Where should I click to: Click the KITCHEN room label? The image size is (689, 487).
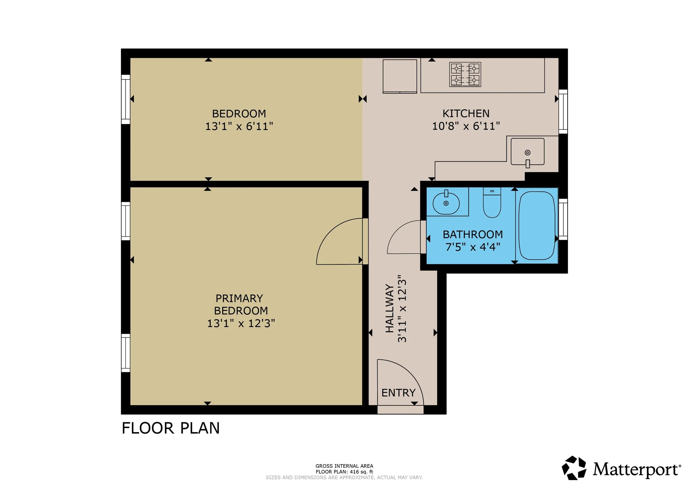466,113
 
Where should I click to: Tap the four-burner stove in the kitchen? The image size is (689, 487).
465,74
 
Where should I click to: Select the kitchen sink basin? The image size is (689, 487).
527,151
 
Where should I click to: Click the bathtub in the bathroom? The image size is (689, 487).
537,226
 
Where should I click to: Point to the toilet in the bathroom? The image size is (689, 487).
492,202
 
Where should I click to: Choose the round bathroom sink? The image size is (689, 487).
446,203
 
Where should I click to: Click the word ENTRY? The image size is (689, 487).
398,393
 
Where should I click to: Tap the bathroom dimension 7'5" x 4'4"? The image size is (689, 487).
473,247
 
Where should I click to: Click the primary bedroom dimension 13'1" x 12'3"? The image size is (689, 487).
241,323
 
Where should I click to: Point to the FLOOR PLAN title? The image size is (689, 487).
170,428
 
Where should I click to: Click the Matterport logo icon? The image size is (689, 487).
574,468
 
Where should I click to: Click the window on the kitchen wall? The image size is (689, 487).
563,112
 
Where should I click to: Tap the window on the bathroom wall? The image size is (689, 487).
563,219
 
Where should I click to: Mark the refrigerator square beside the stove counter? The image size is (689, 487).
400,76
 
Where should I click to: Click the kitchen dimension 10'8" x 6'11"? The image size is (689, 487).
466,126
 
